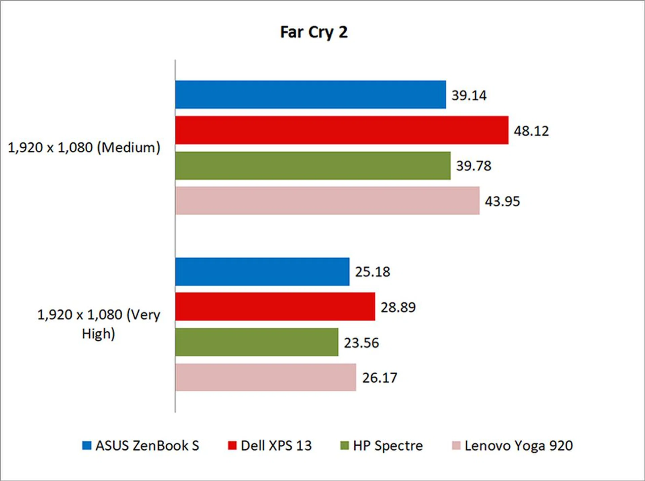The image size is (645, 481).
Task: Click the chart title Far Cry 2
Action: coord(314,33)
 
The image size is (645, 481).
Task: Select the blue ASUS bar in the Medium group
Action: coord(310,95)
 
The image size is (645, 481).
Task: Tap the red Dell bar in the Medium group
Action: coord(342,130)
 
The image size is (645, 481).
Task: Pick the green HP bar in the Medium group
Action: coord(313,165)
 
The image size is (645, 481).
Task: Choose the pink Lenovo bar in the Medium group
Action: coord(327,201)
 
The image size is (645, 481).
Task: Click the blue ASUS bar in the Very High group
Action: coord(262,272)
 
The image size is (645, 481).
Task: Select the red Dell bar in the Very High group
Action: coord(275,307)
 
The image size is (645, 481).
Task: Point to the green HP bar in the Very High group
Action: coord(257,342)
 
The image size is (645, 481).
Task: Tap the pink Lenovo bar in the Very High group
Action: coord(265,377)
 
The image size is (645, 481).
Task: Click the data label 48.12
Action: coord(531,131)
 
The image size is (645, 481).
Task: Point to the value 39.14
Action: coord(469,96)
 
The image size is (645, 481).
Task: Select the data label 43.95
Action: coord(502,201)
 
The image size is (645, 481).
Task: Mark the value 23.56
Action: coord(361,343)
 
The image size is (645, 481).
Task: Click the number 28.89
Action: coord(398,307)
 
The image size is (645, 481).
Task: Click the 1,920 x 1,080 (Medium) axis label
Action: coord(84,148)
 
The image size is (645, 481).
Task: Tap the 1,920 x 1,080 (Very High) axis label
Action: coord(98,324)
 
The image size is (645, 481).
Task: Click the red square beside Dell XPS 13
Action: coord(232,445)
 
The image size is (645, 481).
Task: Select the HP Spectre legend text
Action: coord(388,446)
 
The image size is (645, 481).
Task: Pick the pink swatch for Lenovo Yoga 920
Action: coord(456,445)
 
